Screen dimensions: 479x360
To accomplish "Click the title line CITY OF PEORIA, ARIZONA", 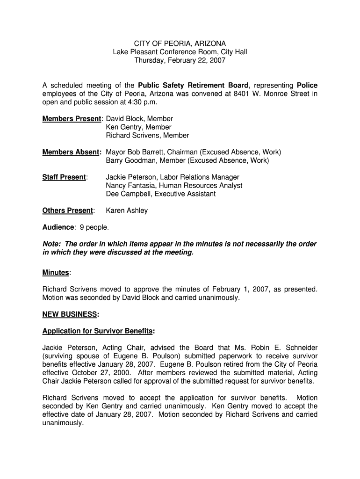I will pyautogui.click(x=180, y=44).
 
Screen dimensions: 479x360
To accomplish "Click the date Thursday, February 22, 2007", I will pyautogui.click(x=180, y=61).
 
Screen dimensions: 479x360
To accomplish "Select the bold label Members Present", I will pyautogui.click(x=72, y=119).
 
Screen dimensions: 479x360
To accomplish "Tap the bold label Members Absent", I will pyautogui.click(x=72, y=152).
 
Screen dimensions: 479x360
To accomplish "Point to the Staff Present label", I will pyautogui.click(x=64, y=177).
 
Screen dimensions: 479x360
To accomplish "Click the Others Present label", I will pyautogui.click(x=68, y=210).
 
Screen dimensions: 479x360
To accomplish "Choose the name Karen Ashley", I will pyautogui.click(x=127, y=210).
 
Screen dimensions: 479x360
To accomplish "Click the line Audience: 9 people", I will pyautogui.click(x=76, y=227).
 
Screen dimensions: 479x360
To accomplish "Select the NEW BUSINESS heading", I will pyautogui.click(x=70, y=314).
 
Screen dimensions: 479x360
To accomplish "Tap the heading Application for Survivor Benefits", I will pyautogui.click(x=98, y=331).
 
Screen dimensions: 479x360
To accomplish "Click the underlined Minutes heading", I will pyautogui.click(x=56, y=273).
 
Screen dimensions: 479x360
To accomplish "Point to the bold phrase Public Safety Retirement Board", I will pyautogui.click(x=194, y=85).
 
